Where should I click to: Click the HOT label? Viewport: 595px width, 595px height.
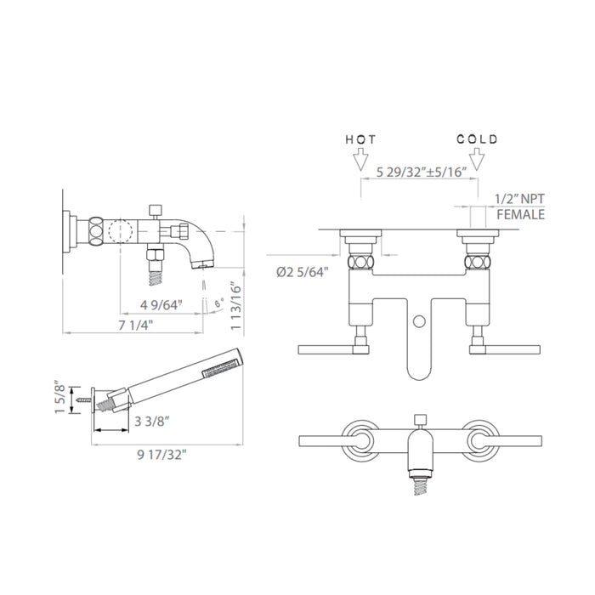click(360, 139)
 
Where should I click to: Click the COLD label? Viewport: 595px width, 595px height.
click(477, 139)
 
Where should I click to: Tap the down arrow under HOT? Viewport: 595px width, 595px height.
click(360, 159)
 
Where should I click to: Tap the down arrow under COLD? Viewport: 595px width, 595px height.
click(477, 159)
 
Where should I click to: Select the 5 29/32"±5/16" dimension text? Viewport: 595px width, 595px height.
click(421, 173)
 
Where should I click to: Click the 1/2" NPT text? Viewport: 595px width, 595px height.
click(519, 199)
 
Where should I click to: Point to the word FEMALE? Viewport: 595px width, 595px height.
click(520, 215)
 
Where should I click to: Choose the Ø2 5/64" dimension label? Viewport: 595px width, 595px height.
click(302, 272)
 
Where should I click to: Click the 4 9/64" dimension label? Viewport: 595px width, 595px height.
click(161, 304)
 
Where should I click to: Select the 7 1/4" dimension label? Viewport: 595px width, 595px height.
click(135, 326)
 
